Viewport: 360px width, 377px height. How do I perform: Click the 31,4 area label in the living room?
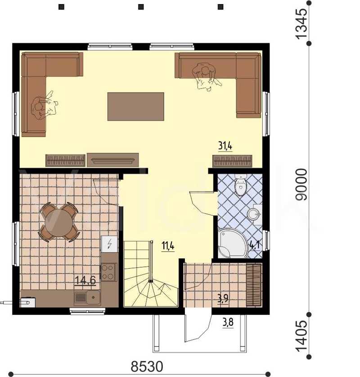[x=225, y=146]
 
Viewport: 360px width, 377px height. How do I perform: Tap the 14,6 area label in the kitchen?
[x=85, y=280]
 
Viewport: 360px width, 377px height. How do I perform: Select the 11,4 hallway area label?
[x=168, y=246]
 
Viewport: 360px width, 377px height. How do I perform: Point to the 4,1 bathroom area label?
[x=255, y=245]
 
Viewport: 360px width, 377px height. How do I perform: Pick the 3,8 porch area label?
[x=228, y=322]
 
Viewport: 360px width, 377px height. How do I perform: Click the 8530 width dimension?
[x=147, y=367]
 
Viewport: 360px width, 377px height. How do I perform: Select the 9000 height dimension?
[x=301, y=184]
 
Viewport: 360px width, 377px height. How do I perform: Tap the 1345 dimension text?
[x=301, y=23]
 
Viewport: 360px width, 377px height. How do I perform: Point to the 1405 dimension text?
[x=301, y=336]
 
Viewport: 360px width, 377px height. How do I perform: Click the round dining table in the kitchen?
[x=59, y=222]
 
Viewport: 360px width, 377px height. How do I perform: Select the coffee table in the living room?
[x=135, y=107]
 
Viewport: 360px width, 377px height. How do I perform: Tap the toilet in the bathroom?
[x=240, y=184]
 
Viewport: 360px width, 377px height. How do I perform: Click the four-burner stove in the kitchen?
[x=108, y=272]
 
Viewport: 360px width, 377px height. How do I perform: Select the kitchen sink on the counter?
[x=87, y=298]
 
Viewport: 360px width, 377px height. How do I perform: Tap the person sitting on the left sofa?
[x=44, y=106]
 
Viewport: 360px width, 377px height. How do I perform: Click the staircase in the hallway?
[x=151, y=274]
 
